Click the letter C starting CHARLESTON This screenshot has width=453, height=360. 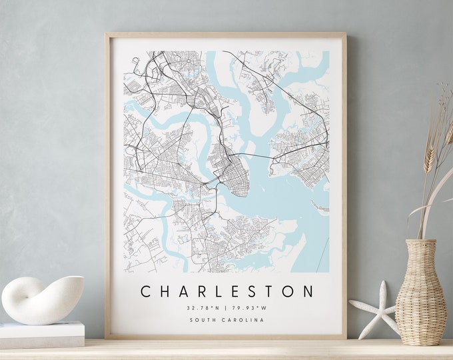pyautogui.click(x=145, y=291)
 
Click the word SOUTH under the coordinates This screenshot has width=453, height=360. pyautogui.click(x=203, y=320)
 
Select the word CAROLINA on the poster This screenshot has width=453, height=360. pyautogui.click(x=242, y=320)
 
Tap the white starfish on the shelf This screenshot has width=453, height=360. pyautogui.click(x=374, y=307)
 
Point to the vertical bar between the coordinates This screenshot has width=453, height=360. pyautogui.click(x=226, y=308)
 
